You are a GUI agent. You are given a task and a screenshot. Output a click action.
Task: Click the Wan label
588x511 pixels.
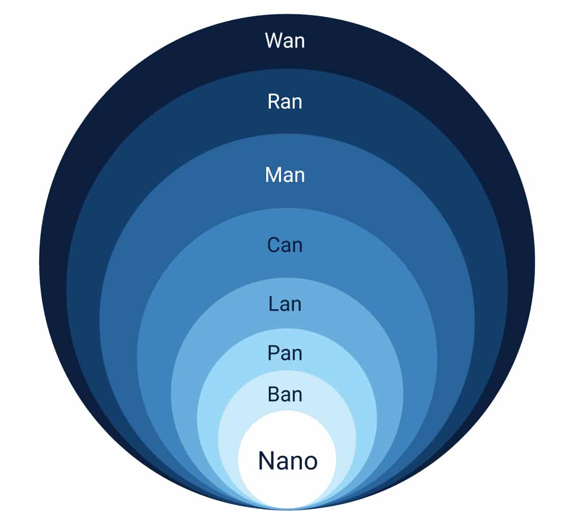[x=285, y=41]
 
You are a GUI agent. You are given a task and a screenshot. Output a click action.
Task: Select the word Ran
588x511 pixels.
[x=285, y=102]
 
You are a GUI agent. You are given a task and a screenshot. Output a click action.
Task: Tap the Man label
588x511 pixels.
[x=285, y=175]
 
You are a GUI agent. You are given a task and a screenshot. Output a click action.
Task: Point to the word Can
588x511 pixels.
[x=285, y=245]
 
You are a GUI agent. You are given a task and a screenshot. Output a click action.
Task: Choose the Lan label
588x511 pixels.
[x=285, y=304]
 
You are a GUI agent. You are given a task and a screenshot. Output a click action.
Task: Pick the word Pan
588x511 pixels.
[x=285, y=353]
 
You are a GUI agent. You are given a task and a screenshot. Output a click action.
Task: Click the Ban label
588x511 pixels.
[x=285, y=395]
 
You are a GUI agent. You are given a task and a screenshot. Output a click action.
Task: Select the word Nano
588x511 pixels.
[x=288, y=461]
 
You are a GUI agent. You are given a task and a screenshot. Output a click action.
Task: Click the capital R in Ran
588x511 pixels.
[x=273, y=102]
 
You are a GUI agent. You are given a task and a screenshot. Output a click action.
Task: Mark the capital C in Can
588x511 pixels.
[x=273, y=245]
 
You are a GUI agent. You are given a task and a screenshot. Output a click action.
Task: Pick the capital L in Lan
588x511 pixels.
[x=273, y=304]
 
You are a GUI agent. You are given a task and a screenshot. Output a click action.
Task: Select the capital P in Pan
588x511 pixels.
[x=273, y=353]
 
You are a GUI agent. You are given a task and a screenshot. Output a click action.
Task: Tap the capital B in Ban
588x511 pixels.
[x=273, y=395]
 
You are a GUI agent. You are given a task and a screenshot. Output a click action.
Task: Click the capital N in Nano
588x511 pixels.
[x=266, y=461]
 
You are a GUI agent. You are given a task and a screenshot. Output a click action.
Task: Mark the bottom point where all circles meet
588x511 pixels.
[x=287, y=509]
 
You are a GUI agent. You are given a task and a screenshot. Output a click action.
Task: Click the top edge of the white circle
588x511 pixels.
[x=287, y=411]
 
